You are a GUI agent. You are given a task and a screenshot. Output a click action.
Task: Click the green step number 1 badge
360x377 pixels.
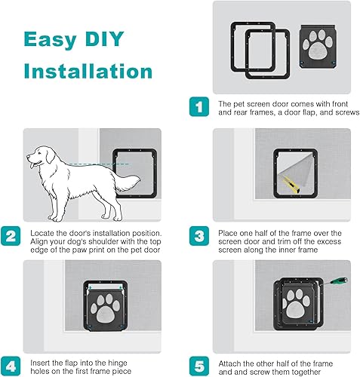(x=198, y=108)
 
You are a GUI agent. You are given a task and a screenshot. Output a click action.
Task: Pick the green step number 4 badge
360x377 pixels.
(x=11, y=366)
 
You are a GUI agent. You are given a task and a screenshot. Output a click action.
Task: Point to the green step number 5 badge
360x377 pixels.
(x=198, y=366)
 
